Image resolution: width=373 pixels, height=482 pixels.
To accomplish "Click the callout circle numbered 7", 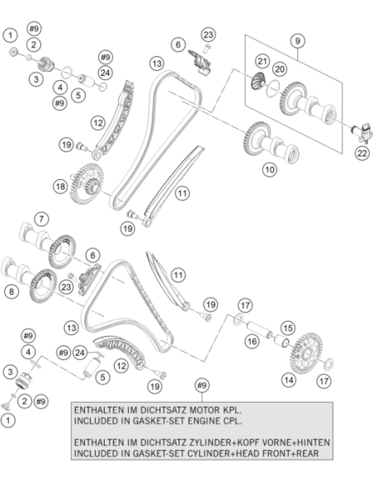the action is (x=41, y=220).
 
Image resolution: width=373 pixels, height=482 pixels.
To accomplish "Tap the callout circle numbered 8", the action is (x=12, y=291).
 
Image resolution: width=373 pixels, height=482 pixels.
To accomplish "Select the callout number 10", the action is (x=270, y=169).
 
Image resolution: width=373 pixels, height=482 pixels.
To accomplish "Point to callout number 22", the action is (x=362, y=153).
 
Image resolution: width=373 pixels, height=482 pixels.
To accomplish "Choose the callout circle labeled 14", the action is (x=289, y=380).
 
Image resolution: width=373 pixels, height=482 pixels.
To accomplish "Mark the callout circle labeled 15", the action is (x=288, y=328).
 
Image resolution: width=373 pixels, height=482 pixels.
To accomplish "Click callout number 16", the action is (x=252, y=341).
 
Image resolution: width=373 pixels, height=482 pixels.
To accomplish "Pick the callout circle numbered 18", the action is (x=60, y=187).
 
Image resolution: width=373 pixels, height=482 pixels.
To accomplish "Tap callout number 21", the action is (x=262, y=61).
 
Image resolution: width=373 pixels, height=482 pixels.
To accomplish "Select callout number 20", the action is (x=280, y=69).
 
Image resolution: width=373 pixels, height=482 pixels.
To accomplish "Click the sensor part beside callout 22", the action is (x=362, y=132).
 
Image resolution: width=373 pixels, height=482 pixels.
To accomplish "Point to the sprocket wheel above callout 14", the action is (x=306, y=353).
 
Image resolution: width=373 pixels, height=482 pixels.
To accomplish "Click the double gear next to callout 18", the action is (x=86, y=184).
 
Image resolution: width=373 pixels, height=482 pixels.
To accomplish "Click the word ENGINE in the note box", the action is (x=203, y=421).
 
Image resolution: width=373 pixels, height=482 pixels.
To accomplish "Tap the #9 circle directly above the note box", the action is (x=202, y=385).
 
